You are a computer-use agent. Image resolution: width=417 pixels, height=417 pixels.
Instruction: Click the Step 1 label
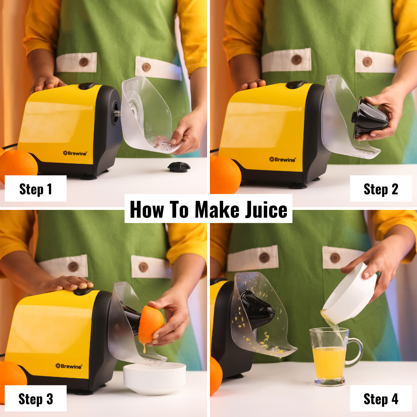pos(36,189)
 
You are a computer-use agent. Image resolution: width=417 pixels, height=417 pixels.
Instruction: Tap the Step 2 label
pos(381,189)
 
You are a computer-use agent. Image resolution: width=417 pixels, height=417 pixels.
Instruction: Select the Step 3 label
pos(36,399)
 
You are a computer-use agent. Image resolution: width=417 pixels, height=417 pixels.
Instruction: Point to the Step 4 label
pos(381,399)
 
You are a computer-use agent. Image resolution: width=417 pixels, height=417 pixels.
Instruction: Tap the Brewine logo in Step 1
pos(75,153)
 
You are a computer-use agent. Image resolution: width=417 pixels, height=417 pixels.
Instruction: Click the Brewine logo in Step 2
pos(282,159)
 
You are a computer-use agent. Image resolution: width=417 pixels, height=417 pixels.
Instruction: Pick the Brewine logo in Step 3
pos(69,366)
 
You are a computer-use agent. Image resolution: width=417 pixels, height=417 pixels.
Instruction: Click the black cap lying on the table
pos(179,167)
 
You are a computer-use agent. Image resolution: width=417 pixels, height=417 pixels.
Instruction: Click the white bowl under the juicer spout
pos(155,378)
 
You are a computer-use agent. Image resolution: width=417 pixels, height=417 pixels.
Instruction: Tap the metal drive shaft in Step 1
pos(117,113)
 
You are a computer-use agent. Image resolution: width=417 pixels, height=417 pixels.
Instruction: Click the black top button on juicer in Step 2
pos(296,84)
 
